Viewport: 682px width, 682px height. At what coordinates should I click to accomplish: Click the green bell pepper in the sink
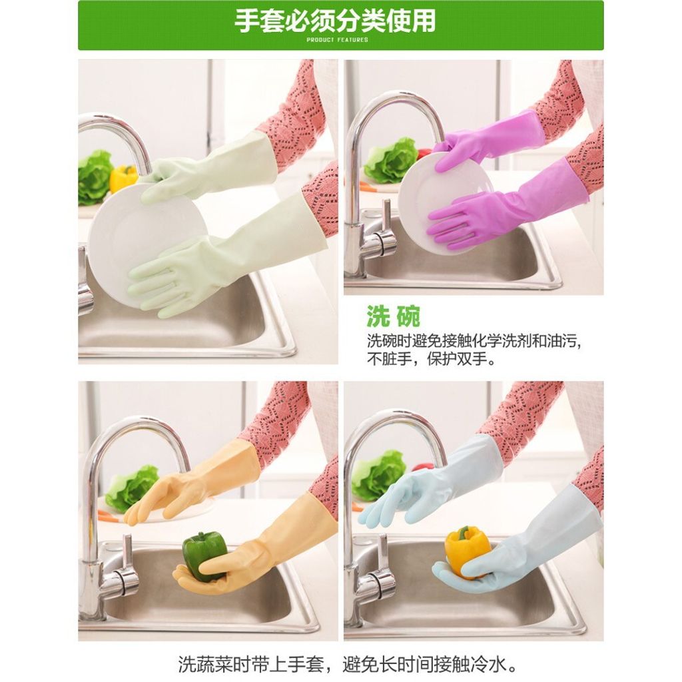pos(204,556)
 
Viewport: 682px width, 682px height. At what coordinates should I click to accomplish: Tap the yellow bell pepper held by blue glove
pos(466,551)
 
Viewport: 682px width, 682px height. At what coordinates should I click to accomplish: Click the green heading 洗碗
pos(393,316)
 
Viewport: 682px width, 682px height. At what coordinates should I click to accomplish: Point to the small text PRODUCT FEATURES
pos(337,39)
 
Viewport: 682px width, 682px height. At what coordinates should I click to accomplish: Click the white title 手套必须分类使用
pos(335,21)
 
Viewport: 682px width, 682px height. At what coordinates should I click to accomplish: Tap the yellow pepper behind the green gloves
pos(123,177)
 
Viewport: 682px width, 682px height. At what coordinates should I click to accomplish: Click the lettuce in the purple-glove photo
pos(390,161)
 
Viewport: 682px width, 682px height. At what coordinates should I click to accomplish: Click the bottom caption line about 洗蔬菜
pos(348,664)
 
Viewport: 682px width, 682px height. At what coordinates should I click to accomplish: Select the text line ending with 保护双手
pos(431,360)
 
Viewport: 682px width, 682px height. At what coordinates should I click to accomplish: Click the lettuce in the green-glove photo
pos(93,177)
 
